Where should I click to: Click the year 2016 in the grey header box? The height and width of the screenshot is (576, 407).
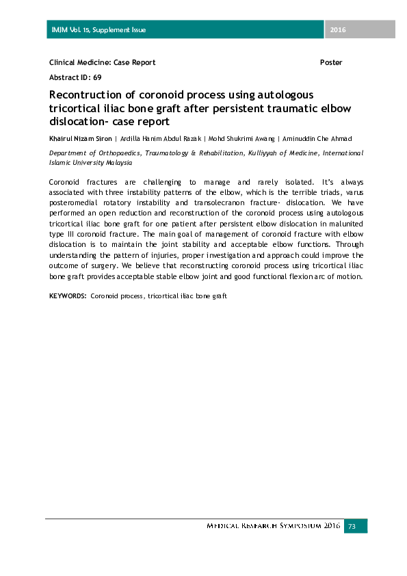[x=338, y=29]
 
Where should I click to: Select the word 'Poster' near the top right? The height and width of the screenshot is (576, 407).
[x=331, y=62]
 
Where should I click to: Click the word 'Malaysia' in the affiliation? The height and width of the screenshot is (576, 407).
[x=118, y=163]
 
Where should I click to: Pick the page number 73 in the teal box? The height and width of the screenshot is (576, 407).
[x=353, y=526]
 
